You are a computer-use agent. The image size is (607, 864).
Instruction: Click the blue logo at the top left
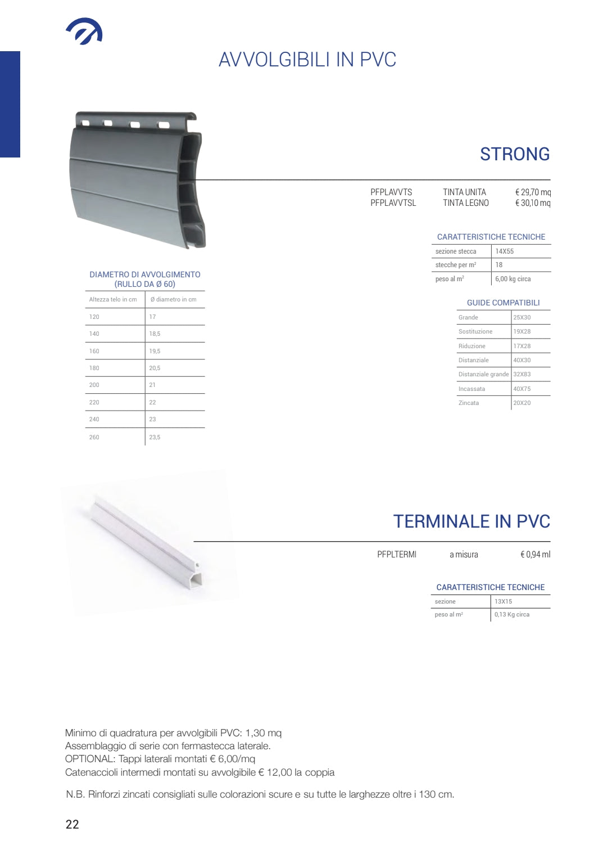point(84,31)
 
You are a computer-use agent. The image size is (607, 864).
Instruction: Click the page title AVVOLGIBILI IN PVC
point(307,60)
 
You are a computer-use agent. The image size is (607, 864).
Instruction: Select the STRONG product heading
point(514,154)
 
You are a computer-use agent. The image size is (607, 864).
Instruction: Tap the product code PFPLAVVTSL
point(393,203)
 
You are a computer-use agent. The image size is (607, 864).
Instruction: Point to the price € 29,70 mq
point(532,192)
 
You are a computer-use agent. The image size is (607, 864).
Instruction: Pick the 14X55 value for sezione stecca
point(504,251)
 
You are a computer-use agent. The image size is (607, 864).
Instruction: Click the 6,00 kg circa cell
point(513,279)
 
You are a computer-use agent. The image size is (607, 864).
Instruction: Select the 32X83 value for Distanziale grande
point(522,374)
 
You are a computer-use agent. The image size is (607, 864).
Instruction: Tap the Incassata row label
point(472,389)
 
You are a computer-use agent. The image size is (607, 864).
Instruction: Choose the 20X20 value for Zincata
point(522,403)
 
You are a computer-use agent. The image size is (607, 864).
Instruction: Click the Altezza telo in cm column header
point(113,299)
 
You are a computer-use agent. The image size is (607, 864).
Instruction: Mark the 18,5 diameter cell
point(155,334)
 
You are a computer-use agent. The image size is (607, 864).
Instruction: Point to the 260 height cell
point(94,437)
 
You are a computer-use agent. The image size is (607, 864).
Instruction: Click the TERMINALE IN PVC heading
point(471,521)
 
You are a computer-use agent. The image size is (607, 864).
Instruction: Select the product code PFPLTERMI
point(397,555)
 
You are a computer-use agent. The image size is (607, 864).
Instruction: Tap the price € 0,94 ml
point(535,555)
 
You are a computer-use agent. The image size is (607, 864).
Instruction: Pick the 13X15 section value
point(503,601)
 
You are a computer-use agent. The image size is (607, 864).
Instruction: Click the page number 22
point(73,824)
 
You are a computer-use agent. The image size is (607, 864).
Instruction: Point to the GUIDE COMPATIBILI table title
point(503,303)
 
